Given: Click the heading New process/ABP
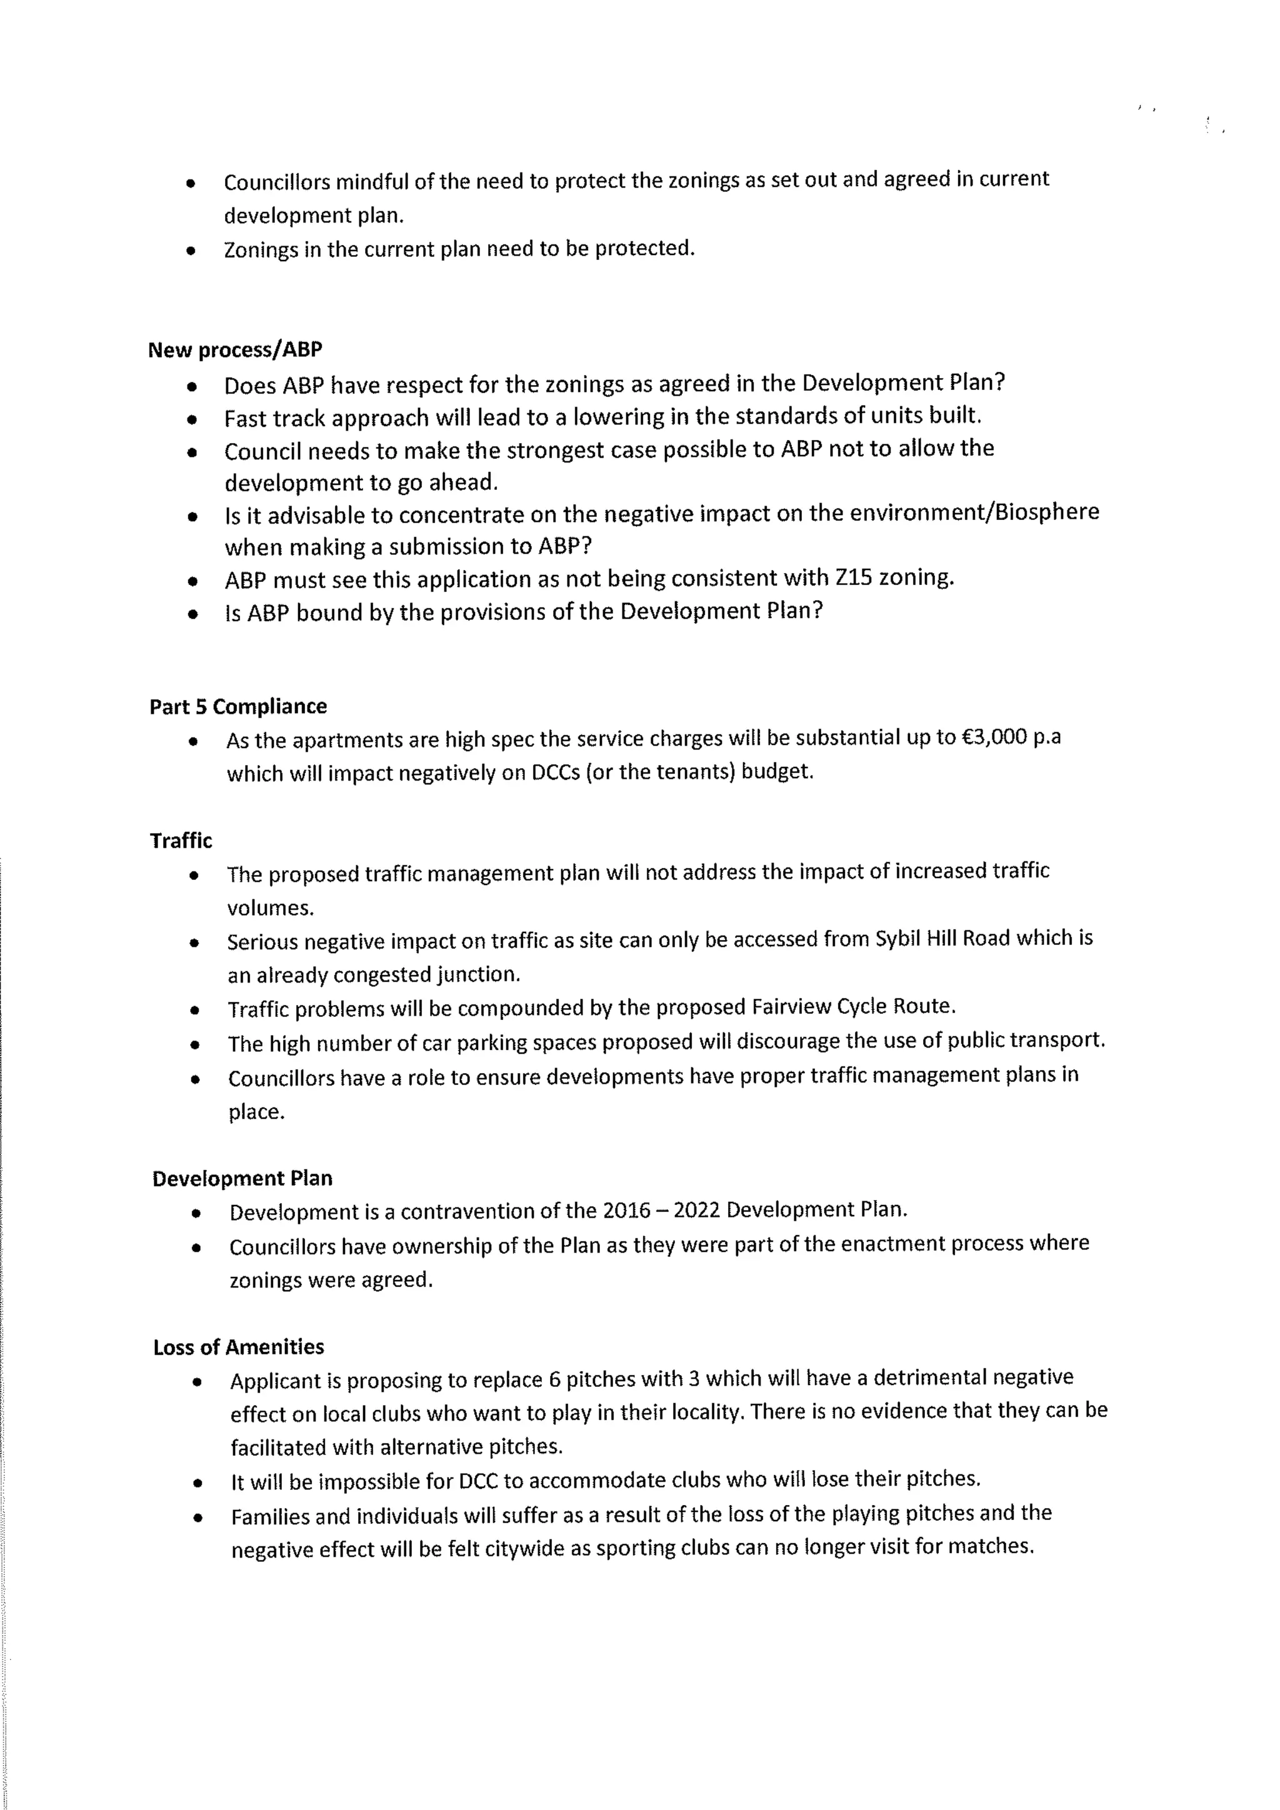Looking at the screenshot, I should pos(235,349).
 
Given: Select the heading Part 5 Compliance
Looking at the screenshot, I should pos(238,706).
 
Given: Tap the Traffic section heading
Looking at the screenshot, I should pos(181,841).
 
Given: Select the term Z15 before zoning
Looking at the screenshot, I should pos(854,578).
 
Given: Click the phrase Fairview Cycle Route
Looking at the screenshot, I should pos(852,1007).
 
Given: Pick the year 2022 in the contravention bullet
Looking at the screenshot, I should pos(697,1210).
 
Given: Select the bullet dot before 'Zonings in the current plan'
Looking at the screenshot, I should pos(191,251).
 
